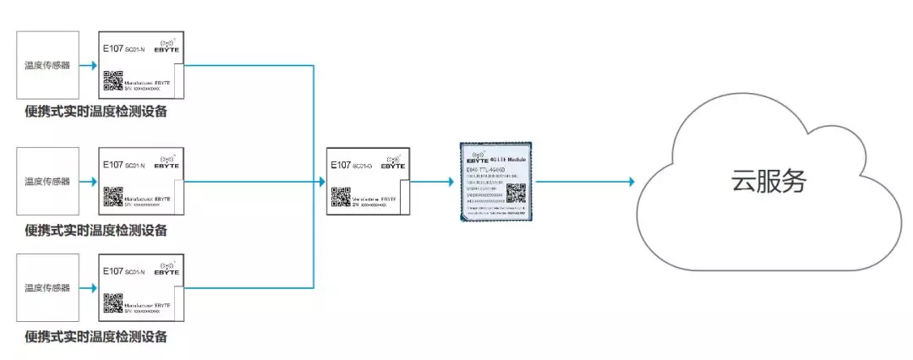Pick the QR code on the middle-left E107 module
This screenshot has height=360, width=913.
pos(112,197)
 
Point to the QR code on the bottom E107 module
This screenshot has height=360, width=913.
pos(112,303)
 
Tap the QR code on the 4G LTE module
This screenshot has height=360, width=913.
pos(515,193)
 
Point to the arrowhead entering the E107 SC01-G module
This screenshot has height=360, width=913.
pos(321,181)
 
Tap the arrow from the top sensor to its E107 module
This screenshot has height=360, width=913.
pos(88,65)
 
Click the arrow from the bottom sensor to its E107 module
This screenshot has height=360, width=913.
pos(88,287)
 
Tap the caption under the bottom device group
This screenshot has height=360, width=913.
pos(96,337)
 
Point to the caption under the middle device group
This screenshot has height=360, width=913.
pos(96,229)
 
